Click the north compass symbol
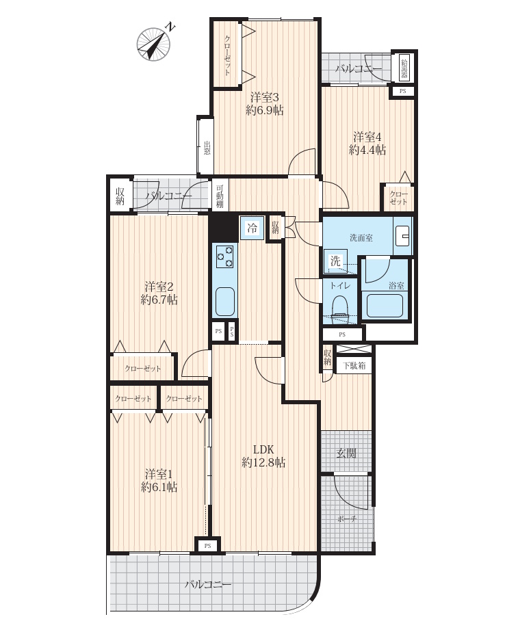click(153, 44)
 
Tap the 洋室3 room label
click(265, 97)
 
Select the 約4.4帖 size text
click(367, 150)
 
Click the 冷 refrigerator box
click(252, 228)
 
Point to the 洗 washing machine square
click(335, 261)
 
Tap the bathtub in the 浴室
click(385, 305)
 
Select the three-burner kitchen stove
click(224, 256)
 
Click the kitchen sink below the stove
click(224, 301)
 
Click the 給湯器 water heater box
click(404, 68)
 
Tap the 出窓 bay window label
click(207, 148)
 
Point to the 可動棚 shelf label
click(220, 196)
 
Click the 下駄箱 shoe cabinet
click(354, 366)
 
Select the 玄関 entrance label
click(346, 453)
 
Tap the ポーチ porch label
click(347, 519)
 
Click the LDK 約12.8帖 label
click(263, 456)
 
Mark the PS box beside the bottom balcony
click(207, 546)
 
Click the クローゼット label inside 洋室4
click(398, 198)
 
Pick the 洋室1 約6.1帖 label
click(159, 480)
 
